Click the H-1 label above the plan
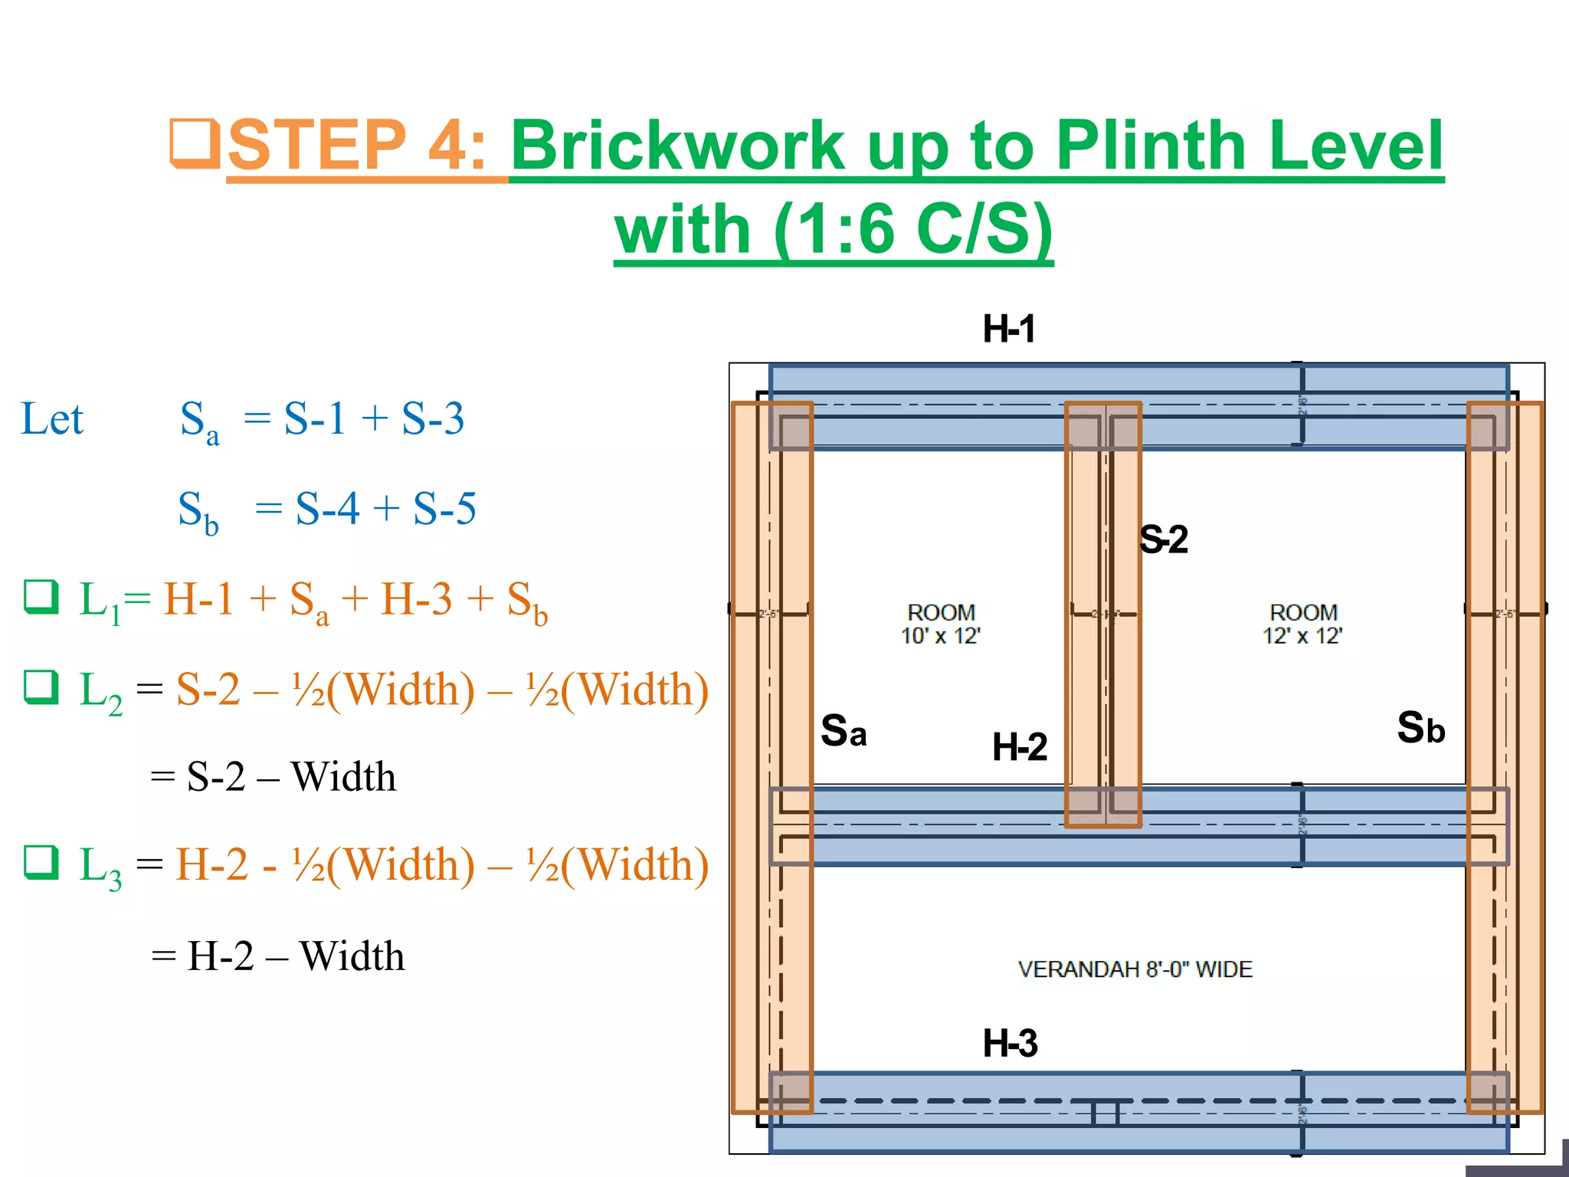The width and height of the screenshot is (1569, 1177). (x=1009, y=329)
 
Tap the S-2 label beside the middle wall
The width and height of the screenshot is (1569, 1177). (x=1163, y=539)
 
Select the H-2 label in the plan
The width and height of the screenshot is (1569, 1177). (x=1019, y=747)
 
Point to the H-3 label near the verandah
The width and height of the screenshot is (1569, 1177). (x=1010, y=1044)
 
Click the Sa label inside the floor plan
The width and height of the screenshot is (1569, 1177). (x=843, y=730)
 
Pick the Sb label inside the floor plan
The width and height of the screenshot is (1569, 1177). (x=1420, y=728)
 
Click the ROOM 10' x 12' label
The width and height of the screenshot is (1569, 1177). (x=941, y=624)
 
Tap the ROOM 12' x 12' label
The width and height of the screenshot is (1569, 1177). (x=1302, y=624)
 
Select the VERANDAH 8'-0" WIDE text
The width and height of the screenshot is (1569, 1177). (x=1135, y=969)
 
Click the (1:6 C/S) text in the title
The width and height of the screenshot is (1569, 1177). (x=913, y=230)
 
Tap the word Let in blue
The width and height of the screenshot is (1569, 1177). (x=51, y=419)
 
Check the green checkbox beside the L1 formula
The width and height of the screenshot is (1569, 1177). (x=41, y=597)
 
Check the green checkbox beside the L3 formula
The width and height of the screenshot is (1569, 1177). (x=41, y=862)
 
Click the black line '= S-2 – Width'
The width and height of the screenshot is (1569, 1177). (x=274, y=776)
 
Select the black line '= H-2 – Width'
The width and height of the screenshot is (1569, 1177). (x=278, y=956)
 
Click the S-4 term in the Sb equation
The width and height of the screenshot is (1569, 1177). (x=327, y=508)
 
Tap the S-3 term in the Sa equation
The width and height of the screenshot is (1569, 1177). (x=433, y=419)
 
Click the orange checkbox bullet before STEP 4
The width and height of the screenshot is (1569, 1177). (x=195, y=143)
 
